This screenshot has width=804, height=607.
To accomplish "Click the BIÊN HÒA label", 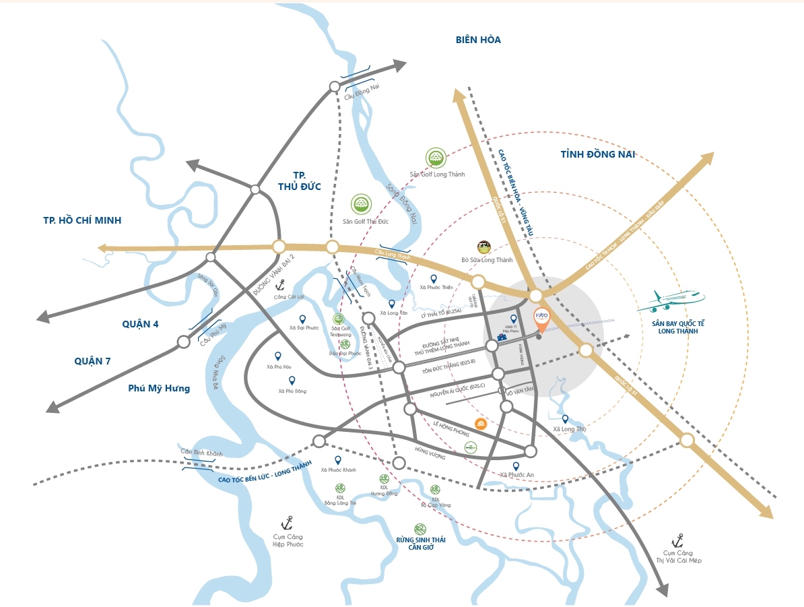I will pyautogui.click(x=478, y=40).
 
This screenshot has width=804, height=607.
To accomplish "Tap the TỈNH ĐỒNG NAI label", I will pyautogui.click(x=598, y=155).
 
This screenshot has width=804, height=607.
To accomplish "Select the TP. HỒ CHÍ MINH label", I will pyautogui.click(x=82, y=220).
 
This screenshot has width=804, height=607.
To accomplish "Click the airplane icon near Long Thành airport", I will pyautogui.click(x=670, y=301).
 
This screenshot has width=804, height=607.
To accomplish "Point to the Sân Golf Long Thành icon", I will pyautogui.click(x=436, y=158).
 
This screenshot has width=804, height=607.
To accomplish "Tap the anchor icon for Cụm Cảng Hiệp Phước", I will pyautogui.click(x=288, y=523).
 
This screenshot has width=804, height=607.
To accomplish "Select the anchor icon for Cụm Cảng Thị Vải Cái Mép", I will pyautogui.click(x=678, y=540).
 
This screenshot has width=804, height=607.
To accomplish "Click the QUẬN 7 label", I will pyautogui.click(x=92, y=361).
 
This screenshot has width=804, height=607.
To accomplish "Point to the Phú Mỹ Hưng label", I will pyautogui.click(x=159, y=388).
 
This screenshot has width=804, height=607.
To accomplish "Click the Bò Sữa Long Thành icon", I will pyautogui.click(x=483, y=247).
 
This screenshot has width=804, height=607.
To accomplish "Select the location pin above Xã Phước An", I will pyautogui.click(x=516, y=466).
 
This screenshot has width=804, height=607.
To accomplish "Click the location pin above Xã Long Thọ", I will pyautogui.click(x=565, y=418).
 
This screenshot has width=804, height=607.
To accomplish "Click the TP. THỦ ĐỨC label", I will pyautogui.click(x=299, y=180).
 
